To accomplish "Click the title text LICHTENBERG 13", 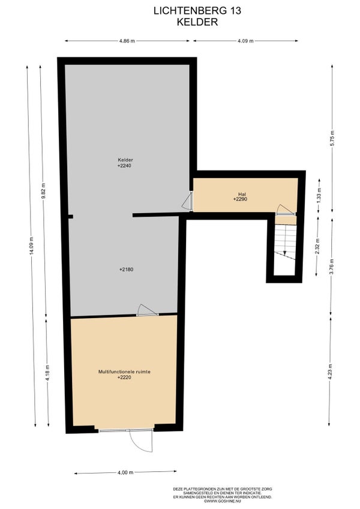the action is tap(197, 11).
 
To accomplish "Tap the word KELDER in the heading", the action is tap(197, 22).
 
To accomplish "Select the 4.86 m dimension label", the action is tap(127, 41).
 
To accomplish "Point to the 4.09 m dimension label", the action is tap(245, 41).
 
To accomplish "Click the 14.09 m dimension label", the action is tap(31, 246).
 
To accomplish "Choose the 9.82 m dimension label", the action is tap(43, 191).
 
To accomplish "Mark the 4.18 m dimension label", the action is tap(47, 373).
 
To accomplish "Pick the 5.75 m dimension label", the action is tap(332, 139).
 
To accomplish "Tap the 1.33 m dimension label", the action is tap(319, 196).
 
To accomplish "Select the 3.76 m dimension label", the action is tap(331, 267).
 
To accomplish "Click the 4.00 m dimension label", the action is tap(125, 472).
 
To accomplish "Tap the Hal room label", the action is tap(242, 194).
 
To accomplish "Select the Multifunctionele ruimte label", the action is tap(124, 372).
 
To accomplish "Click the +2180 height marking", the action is tap(126, 270).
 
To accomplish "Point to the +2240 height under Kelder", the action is tap(124, 166).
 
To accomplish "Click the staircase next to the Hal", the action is tap(285, 242).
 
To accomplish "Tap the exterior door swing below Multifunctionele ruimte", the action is tap(141, 441).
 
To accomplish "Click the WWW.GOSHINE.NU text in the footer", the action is tap(223, 502).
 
